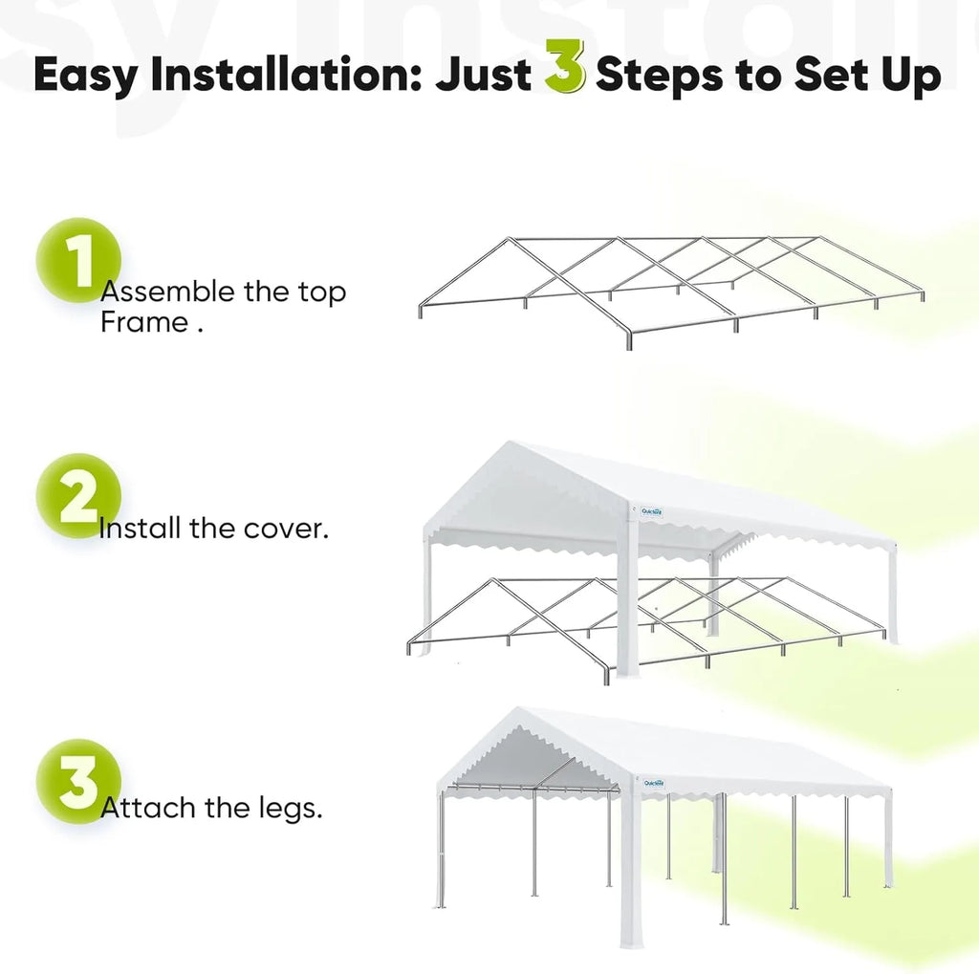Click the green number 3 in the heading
pos(565,67)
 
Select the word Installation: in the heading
pos(285,75)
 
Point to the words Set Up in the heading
pos(867,75)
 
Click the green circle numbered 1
pos(77,260)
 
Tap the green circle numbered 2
pos(77,496)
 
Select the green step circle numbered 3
pos(77,781)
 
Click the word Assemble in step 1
pos(168,292)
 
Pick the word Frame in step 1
pos(144,322)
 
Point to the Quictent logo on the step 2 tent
pos(652,512)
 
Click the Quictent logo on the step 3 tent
pos(653,783)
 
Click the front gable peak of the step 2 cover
pos(511,442)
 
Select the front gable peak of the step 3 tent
pos(515,709)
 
